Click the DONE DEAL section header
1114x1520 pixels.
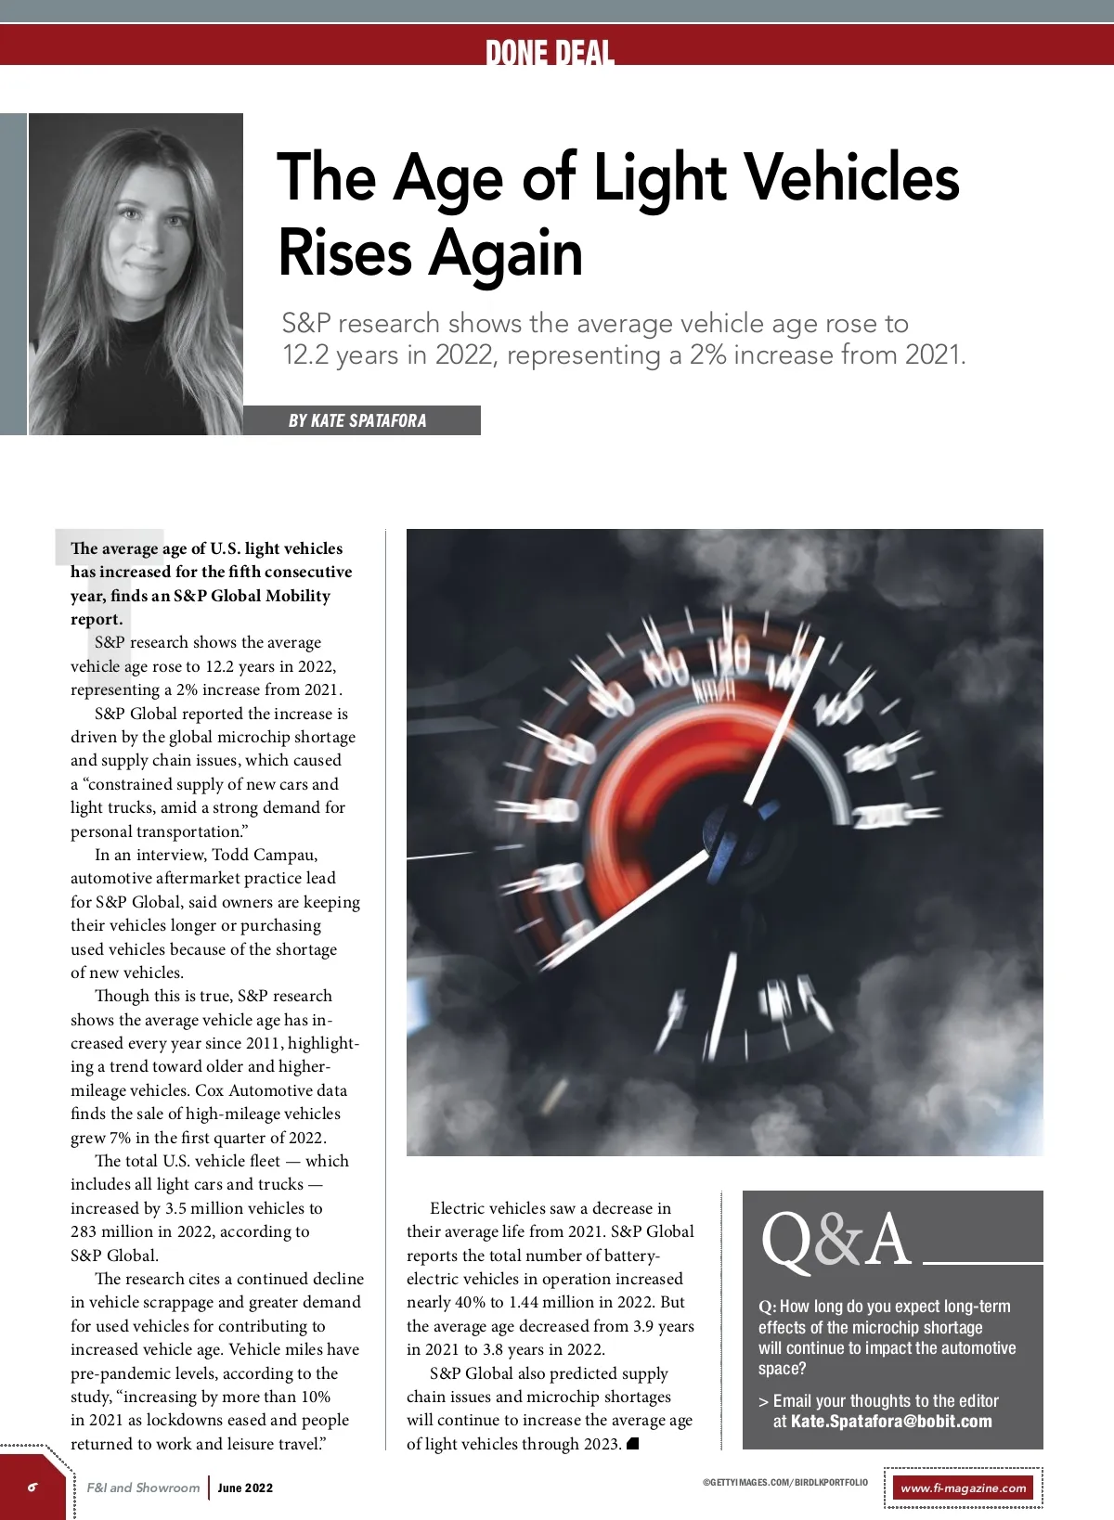click(x=550, y=53)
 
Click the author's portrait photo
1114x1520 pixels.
click(x=136, y=274)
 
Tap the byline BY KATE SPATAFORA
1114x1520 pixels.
click(x=357, y=420)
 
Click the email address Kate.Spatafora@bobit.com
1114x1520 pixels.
click(x=891, y=1422)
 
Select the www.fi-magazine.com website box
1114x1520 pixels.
click(x=964, y=1488)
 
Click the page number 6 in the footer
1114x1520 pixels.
click(x=32, y=1487)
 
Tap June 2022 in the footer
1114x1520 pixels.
click(x=245, y=1488)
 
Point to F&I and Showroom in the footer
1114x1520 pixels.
click(x=143, y=1488)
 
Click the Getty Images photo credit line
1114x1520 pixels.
click(x=785, y=1482)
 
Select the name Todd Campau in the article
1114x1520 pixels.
click(x=265, y=855)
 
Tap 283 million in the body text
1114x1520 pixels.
click(x=115, y=1231)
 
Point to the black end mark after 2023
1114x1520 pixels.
click(x=633, y=1443)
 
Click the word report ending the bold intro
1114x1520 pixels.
click(x=96, y=619)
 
